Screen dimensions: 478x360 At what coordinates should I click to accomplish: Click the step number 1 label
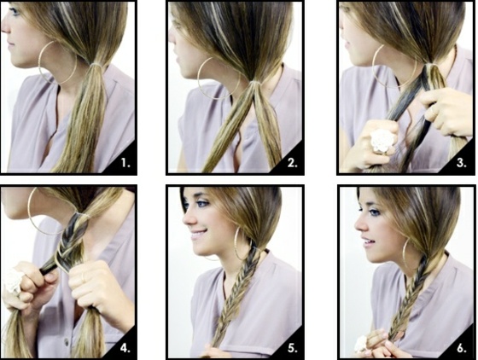[x=125, y=163]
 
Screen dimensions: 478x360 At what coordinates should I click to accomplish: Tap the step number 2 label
[x=292, y=163]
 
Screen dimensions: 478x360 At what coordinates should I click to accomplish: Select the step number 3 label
[x=461, y=163]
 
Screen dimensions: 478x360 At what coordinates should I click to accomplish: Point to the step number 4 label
[x=125, y=348]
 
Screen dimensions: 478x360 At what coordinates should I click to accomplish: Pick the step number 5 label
[x=292, y=348]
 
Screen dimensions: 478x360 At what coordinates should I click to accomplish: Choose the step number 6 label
[x=462, y=348]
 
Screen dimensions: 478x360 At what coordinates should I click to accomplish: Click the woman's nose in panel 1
[x=5, y=26]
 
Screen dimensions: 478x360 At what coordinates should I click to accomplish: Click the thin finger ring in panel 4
[x=83, y=277]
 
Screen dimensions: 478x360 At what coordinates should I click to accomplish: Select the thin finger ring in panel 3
[x=433, y=109]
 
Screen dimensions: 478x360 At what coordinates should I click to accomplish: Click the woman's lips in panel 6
[x=368, y=242]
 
